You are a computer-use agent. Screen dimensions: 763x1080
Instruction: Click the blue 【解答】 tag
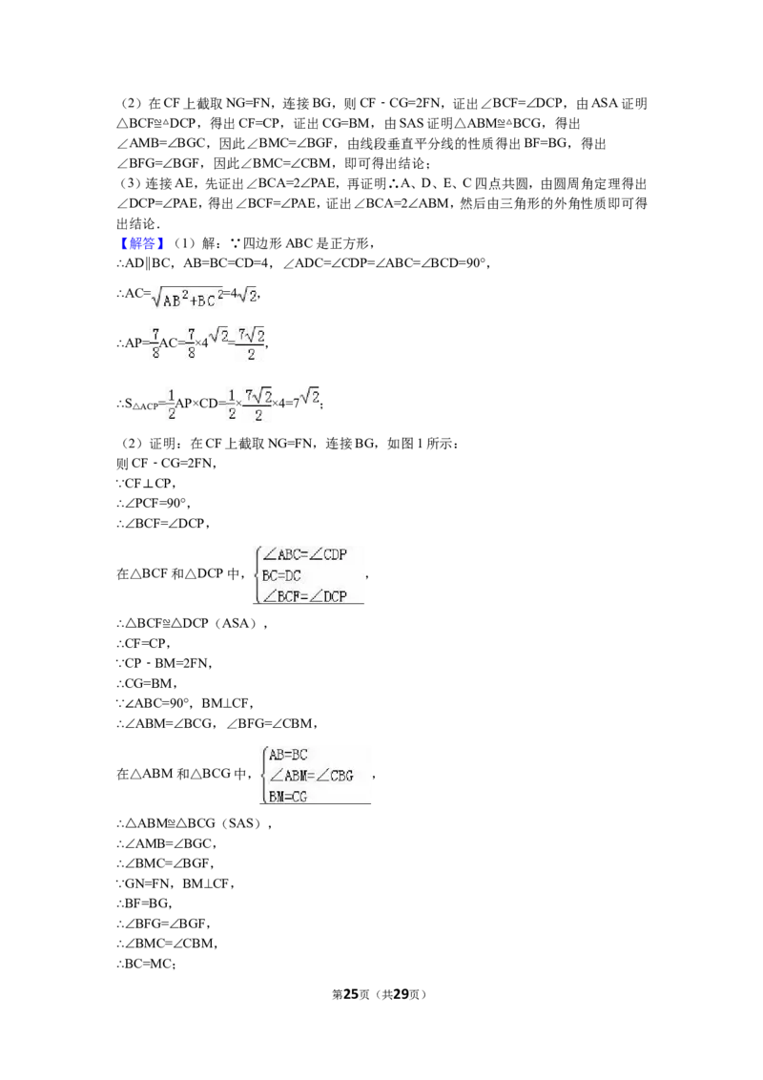pyautogui.click(x=142, y=243)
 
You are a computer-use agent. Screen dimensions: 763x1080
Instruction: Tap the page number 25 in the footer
pyautogui.click(x=351, y=994)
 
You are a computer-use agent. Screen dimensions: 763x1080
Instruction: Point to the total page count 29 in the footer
pyautogui.click(x=401, y=994)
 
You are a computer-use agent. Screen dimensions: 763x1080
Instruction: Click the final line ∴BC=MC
pyautogui.click(x=146, y=964)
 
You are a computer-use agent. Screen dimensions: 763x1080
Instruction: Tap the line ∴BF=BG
pyautogui.click(x=144, y=903)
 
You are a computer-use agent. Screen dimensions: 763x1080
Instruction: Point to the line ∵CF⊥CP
pyautogui.click(x=146, y=483)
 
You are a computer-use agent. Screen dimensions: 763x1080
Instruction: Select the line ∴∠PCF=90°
pyautogui.click(x=153, y=503)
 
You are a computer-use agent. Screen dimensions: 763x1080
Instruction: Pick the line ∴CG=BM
pyautogui.click(x=147, y=683)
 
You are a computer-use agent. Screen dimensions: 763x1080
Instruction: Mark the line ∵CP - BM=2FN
pyautogui.click(x=164, y=663)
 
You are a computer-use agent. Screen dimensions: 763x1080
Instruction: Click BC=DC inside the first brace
pyautogui.click(x=281, y=575)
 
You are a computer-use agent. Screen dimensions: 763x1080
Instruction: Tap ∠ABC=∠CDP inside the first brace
pyautogui.click(x=304, y=554)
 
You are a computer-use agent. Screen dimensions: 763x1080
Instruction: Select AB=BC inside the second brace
pyautogui.click(x=288, y=755)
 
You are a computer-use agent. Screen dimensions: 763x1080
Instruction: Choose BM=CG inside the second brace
pyautogui.click(x=288, y=797)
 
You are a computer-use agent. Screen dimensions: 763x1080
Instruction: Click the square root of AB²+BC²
pyautogui.click(x=187, y=296)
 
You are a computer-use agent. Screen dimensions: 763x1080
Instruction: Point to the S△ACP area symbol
pyautogui.click(x=141, y=405)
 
